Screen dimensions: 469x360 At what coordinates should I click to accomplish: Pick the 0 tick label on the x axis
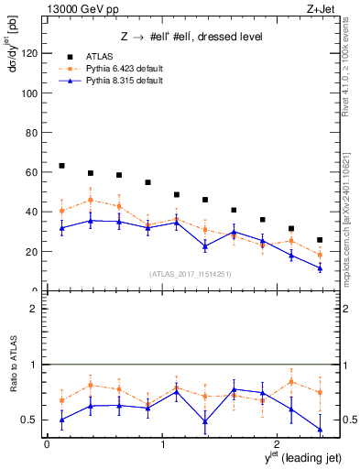(47, 444)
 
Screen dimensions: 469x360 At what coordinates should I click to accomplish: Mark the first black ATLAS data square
(62, 166)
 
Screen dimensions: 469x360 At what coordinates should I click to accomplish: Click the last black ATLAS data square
(320, 240)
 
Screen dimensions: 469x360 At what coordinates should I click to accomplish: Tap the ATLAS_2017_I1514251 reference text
(189, 273)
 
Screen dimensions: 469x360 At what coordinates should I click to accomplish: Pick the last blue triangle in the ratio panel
(320, 429)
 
